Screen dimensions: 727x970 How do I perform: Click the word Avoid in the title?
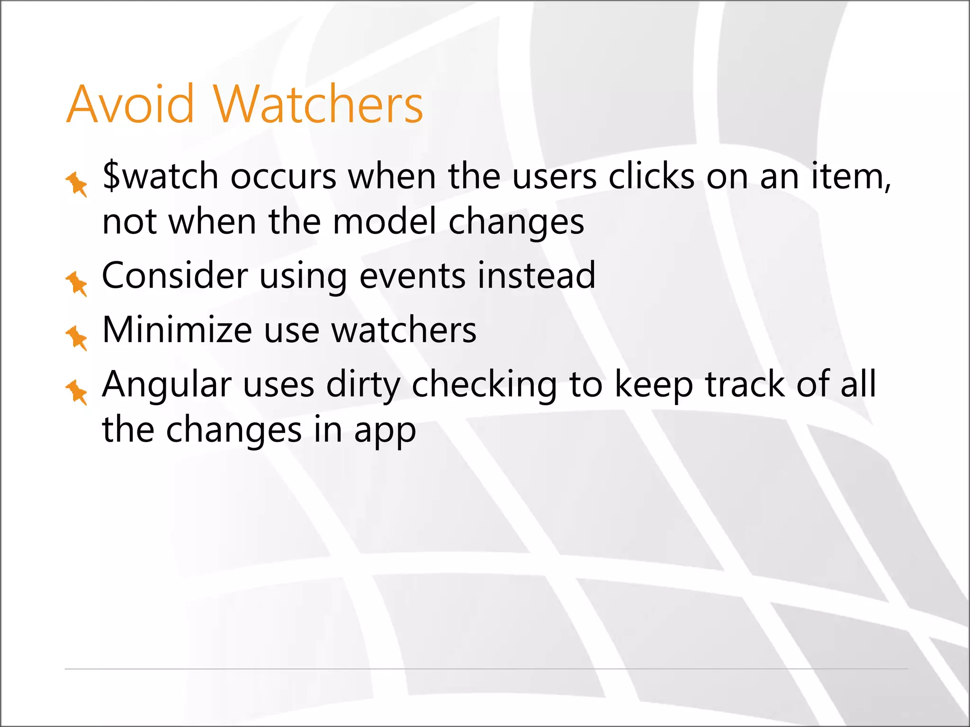[130, 104]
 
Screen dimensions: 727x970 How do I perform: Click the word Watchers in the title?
[318, 104]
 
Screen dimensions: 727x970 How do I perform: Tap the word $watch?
[160, 176]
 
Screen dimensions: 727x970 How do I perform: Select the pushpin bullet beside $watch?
[76, 184]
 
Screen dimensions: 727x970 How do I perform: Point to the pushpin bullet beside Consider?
[76, 284]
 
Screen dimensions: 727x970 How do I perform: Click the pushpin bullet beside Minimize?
[76, 337]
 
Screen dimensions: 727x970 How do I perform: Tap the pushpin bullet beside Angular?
[76, 392]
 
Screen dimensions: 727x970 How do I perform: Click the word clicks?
[651, 176]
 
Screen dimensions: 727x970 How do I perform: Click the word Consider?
[175, 275]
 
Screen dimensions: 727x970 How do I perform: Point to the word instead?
[536, 275]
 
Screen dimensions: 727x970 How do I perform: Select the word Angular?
[167, 384]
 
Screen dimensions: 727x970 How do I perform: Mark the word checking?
[484, 384]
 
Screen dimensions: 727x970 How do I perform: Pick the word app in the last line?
[385, 431]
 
